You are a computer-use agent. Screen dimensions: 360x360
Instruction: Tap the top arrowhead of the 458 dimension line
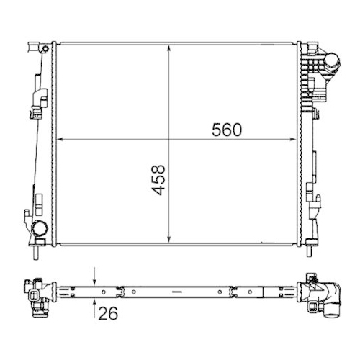click(x=168, y=47)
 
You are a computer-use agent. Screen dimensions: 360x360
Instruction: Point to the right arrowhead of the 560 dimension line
click(x=296, y=140)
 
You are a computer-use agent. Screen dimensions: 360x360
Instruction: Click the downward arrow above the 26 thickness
click(x=95, y=281)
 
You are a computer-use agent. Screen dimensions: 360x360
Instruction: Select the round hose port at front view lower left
click(x=40, y=230)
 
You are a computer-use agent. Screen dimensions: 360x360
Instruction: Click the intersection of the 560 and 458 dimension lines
click(x=168, y=140)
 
